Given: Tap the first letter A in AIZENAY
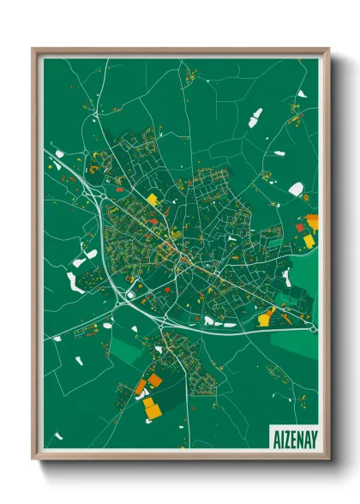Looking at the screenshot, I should coord(274,436).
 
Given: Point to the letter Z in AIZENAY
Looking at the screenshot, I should coord(285,436).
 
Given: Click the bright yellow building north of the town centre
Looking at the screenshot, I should coord(153,200).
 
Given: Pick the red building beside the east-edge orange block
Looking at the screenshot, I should coord(300,228).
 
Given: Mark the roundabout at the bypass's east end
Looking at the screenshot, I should coord(313,329).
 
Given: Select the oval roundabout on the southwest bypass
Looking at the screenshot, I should coord(130,296).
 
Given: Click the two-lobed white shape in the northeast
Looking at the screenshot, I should coord(255,117).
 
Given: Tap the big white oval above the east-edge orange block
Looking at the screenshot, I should coord(296,189).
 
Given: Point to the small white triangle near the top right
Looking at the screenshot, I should coord(279,153).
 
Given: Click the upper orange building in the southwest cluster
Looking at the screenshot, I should coord(155,380).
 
